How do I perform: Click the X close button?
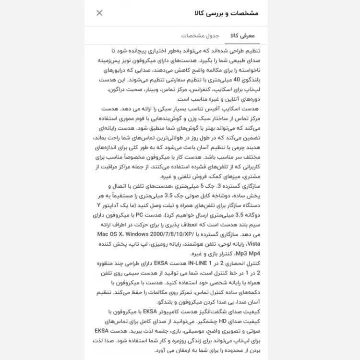[99, 13]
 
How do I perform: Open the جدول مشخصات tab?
[200, 36]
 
